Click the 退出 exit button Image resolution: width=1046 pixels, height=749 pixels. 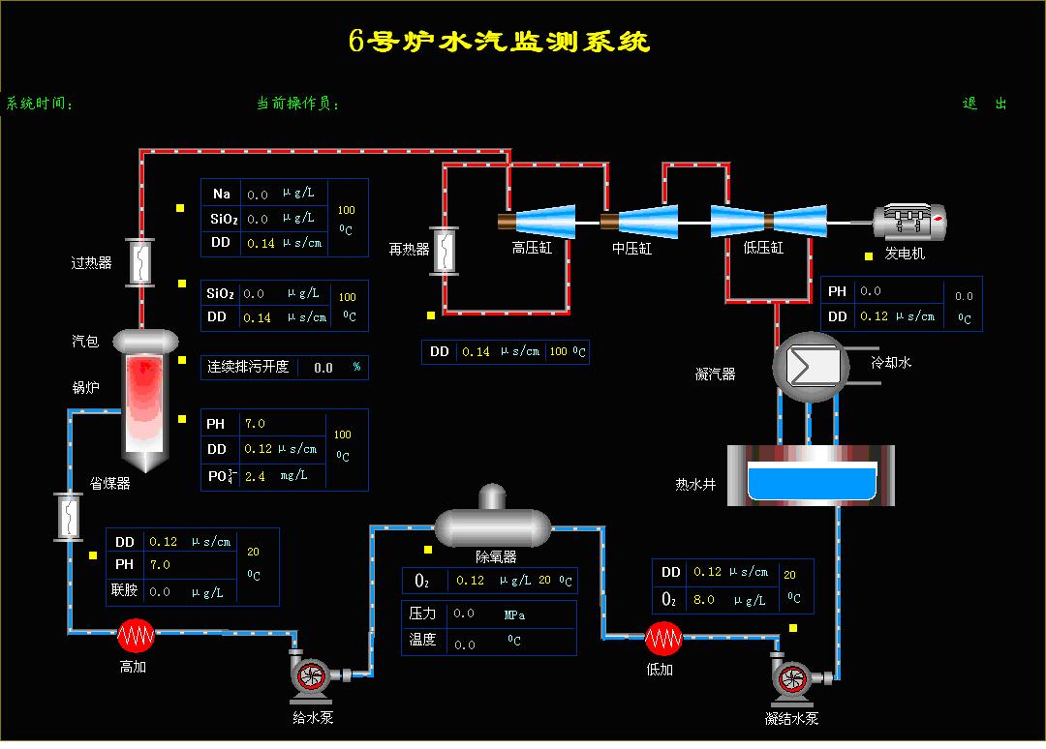(985, 104)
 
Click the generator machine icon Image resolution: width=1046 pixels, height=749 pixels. (908, 223)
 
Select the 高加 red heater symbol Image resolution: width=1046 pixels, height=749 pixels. (137, 636)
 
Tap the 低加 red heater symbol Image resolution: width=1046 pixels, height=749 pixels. (663, 638)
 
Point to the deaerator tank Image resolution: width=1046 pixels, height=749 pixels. (492, 525)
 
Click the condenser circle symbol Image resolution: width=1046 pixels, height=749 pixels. (810, 367)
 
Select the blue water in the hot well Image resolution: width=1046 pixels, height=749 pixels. (814, 483)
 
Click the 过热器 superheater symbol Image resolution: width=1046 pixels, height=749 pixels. (141, 261)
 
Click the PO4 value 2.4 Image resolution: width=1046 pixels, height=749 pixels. (255, 476)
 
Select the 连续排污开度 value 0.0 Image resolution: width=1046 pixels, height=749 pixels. (323, 368)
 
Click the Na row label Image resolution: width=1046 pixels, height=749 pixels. (222, 194)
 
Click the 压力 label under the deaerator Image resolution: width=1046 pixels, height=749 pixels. (423, 614)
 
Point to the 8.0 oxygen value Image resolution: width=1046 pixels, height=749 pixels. (703, 599)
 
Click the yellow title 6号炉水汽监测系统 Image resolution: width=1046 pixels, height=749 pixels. (499, 42)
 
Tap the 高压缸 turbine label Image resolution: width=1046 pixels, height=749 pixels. (532, 248)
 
